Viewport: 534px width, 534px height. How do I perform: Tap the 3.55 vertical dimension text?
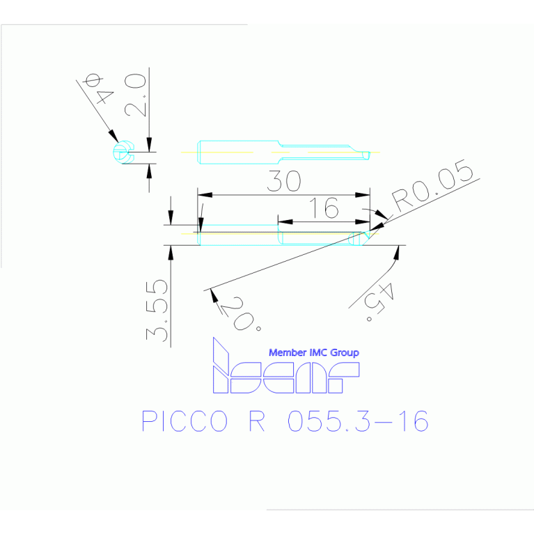click(x=158, y=311)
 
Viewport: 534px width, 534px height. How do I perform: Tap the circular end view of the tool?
click(x=123, y=152)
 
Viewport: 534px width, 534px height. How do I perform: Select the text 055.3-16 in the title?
click(x=358, y=421)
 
